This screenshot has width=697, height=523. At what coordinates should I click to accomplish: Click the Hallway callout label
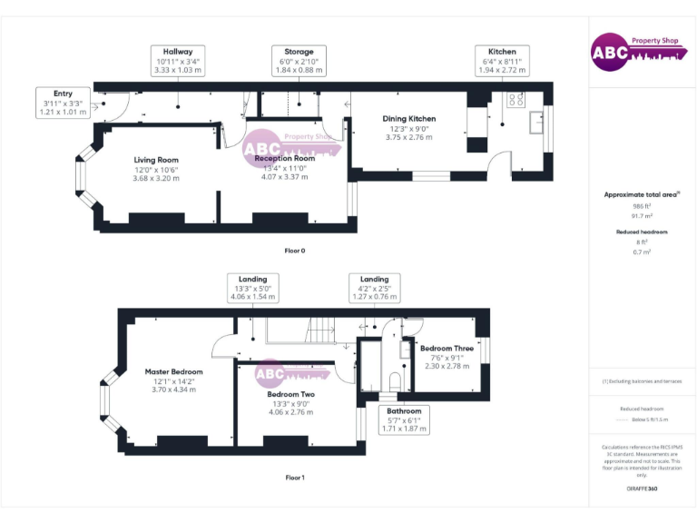pos(177,61)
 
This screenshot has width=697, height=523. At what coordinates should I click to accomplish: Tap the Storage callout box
pos(298,61)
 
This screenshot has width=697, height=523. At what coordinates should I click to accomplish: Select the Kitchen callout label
pos(502,61)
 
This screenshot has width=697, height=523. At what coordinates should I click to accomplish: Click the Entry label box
pos(63,103)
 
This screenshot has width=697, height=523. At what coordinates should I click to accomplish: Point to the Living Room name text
pos(156,160)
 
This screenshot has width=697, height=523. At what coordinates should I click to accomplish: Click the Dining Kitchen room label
pos(407,119)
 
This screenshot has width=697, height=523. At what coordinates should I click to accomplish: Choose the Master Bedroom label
pos(174,371)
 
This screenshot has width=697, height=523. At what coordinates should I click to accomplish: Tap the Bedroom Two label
pos(290,395)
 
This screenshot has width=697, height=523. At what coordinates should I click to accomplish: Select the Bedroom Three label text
pos(447,348)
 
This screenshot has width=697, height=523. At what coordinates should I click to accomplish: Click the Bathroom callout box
pos(403,419)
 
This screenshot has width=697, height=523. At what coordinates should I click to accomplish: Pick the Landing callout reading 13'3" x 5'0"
pos(252,288)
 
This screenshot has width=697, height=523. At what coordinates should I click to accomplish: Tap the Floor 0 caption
pos(294,250)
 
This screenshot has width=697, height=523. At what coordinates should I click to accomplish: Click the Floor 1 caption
pos(294,477)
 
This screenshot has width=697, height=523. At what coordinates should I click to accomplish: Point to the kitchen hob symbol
pos(515,101)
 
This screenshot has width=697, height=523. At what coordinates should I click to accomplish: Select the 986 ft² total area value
pos(642,206)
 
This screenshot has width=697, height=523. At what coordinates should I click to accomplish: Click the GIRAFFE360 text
pos(642,489)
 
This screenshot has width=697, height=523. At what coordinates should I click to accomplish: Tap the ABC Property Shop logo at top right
pos(635,52)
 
